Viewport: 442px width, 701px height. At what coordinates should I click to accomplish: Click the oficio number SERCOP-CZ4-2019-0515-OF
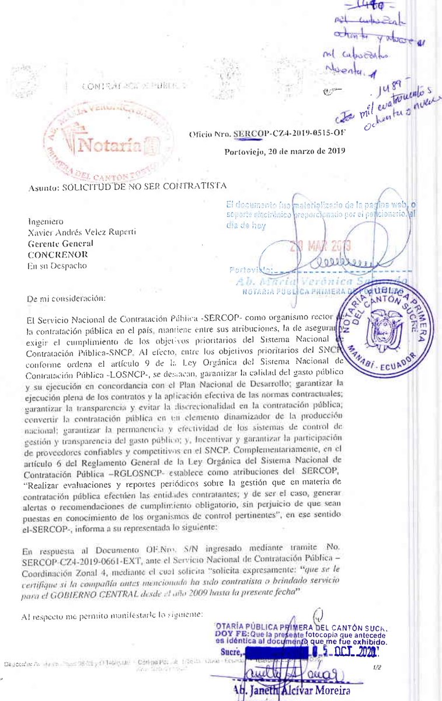(289, 133)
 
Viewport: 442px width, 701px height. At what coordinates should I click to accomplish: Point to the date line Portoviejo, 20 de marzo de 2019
(284, 152)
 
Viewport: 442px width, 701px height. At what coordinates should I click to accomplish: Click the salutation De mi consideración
(67, 298)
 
